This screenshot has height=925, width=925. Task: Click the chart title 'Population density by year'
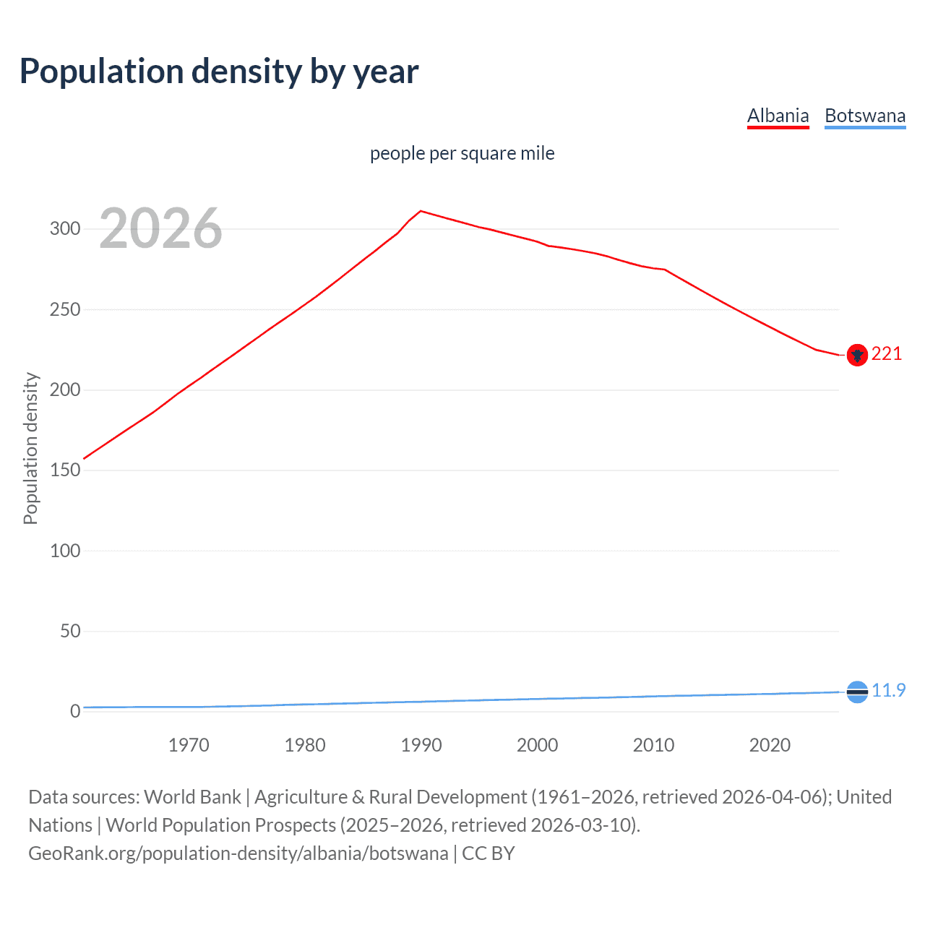pyautogui.click(x=219, y=71)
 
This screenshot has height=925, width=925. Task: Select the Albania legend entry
pyautogui.click(x=778, y=116)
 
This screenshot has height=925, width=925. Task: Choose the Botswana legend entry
pyautogui.click(x=864, y=116)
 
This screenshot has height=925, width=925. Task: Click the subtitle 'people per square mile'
pyautogui.click(x=462, y=153)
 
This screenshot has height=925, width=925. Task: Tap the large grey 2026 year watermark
pyautogui.click(x=160, y=228)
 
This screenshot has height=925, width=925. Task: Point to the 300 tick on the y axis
pyautogui.click(x=64, y=229)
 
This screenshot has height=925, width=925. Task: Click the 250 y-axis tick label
pyautogui.click(x=64, y=309)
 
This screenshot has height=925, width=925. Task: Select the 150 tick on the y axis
pyautogui.click(x=64, y=470)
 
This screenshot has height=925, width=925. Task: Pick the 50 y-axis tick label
pyautogui.click(x=69, y=631)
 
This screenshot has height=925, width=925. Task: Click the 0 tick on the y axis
pyautogui.click(x=75, y=712)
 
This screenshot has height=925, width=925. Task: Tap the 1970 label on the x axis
pyautogui.click(x=189, y=745)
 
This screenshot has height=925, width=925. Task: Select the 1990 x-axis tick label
pyautogui.click(x=421, y=745)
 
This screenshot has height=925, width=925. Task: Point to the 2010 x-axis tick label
pyautogui.click(x=653, y=745)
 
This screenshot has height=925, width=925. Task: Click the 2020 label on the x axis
pyautogui.click(x=770, y=745)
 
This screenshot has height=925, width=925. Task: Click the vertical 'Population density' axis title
pyautogui.click(x=30, y=448)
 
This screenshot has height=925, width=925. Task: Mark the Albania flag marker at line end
pyautogui.click(x=857, y=355)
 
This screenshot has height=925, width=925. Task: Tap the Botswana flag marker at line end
pyautogui.click(x=857, y=692)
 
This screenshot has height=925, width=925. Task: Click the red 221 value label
pyautogui.click(x=887, y=353)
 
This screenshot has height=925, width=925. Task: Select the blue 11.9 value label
pyautogui.click(x=888, y=690)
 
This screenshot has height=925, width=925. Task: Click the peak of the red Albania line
pyautogui.click(x=421, y=211)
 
